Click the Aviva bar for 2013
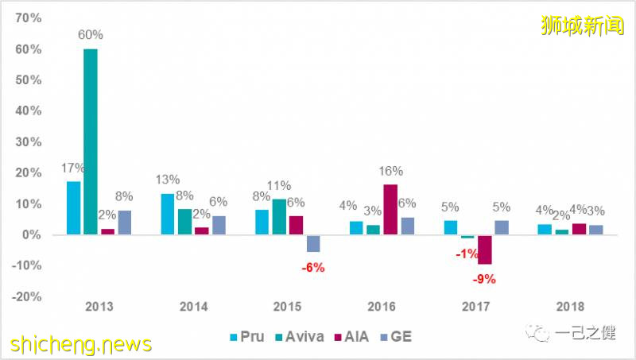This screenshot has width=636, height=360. [91, 141]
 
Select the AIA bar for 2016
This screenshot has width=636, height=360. [390, 209]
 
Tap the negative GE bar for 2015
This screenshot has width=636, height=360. [313, 244]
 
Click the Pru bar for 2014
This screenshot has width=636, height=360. [168, 214]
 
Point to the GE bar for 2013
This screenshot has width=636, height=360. [125, 223]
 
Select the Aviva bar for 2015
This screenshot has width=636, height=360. [279, 217]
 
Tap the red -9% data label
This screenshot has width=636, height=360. [485, 278]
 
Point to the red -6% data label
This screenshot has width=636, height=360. [312, 268]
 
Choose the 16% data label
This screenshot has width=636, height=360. [391, 171]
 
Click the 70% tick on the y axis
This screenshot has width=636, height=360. [29, 17]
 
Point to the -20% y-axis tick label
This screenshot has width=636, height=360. [28, 296]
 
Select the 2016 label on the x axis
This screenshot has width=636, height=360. [382, 306]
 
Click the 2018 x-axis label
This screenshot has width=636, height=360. [570, 306]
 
